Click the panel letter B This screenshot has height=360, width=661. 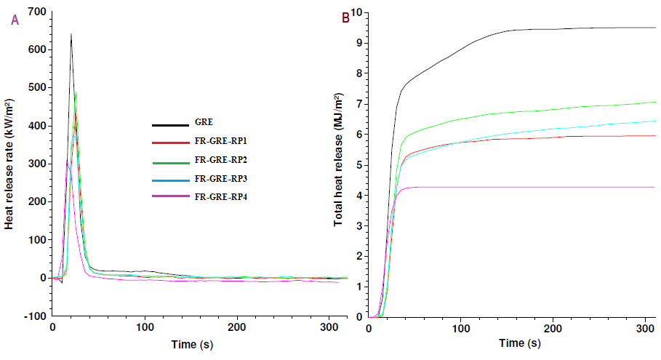(345, 17)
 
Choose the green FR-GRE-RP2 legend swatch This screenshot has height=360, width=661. (169, 161)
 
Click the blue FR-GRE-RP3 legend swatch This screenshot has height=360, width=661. (169, 179)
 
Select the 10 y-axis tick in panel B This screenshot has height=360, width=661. (356, 12)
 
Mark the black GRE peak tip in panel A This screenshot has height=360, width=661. (71, 33)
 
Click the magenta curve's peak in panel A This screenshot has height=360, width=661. (67, 161)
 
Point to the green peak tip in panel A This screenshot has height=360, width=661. (76, 92)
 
